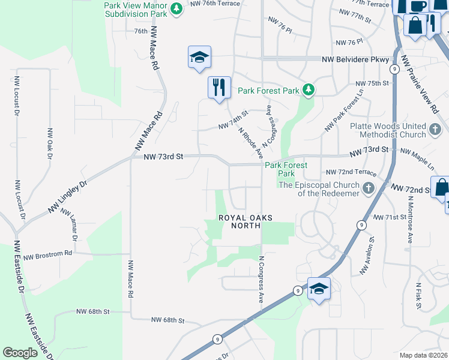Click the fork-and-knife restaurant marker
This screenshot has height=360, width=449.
219,87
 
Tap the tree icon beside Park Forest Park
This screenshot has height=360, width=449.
309,91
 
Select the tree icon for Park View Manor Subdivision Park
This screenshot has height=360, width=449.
176,8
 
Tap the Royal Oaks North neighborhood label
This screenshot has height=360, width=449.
239,221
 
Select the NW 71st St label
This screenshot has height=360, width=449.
385,217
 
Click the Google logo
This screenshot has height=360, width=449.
20,353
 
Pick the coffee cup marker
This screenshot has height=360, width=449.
418,5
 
